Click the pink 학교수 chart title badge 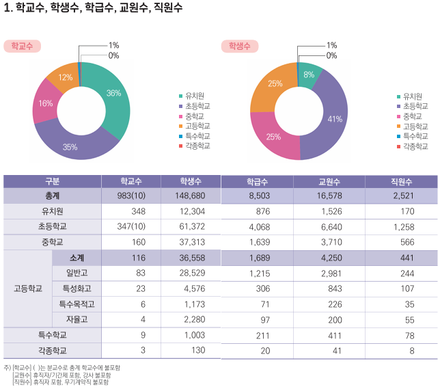[x=23, y=46]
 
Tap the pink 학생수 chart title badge [x=239, y=46]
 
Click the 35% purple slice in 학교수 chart [x=70, y=146]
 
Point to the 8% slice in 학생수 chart [x=309, y=75]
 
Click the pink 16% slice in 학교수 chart [x=46, y=104]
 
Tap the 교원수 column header [x=329, y=182]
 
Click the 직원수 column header [x=401, y=182]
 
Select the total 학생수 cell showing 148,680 [x=190, y=196]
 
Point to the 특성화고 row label [x=77, y=288]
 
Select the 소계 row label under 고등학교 [x=77, y=257]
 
